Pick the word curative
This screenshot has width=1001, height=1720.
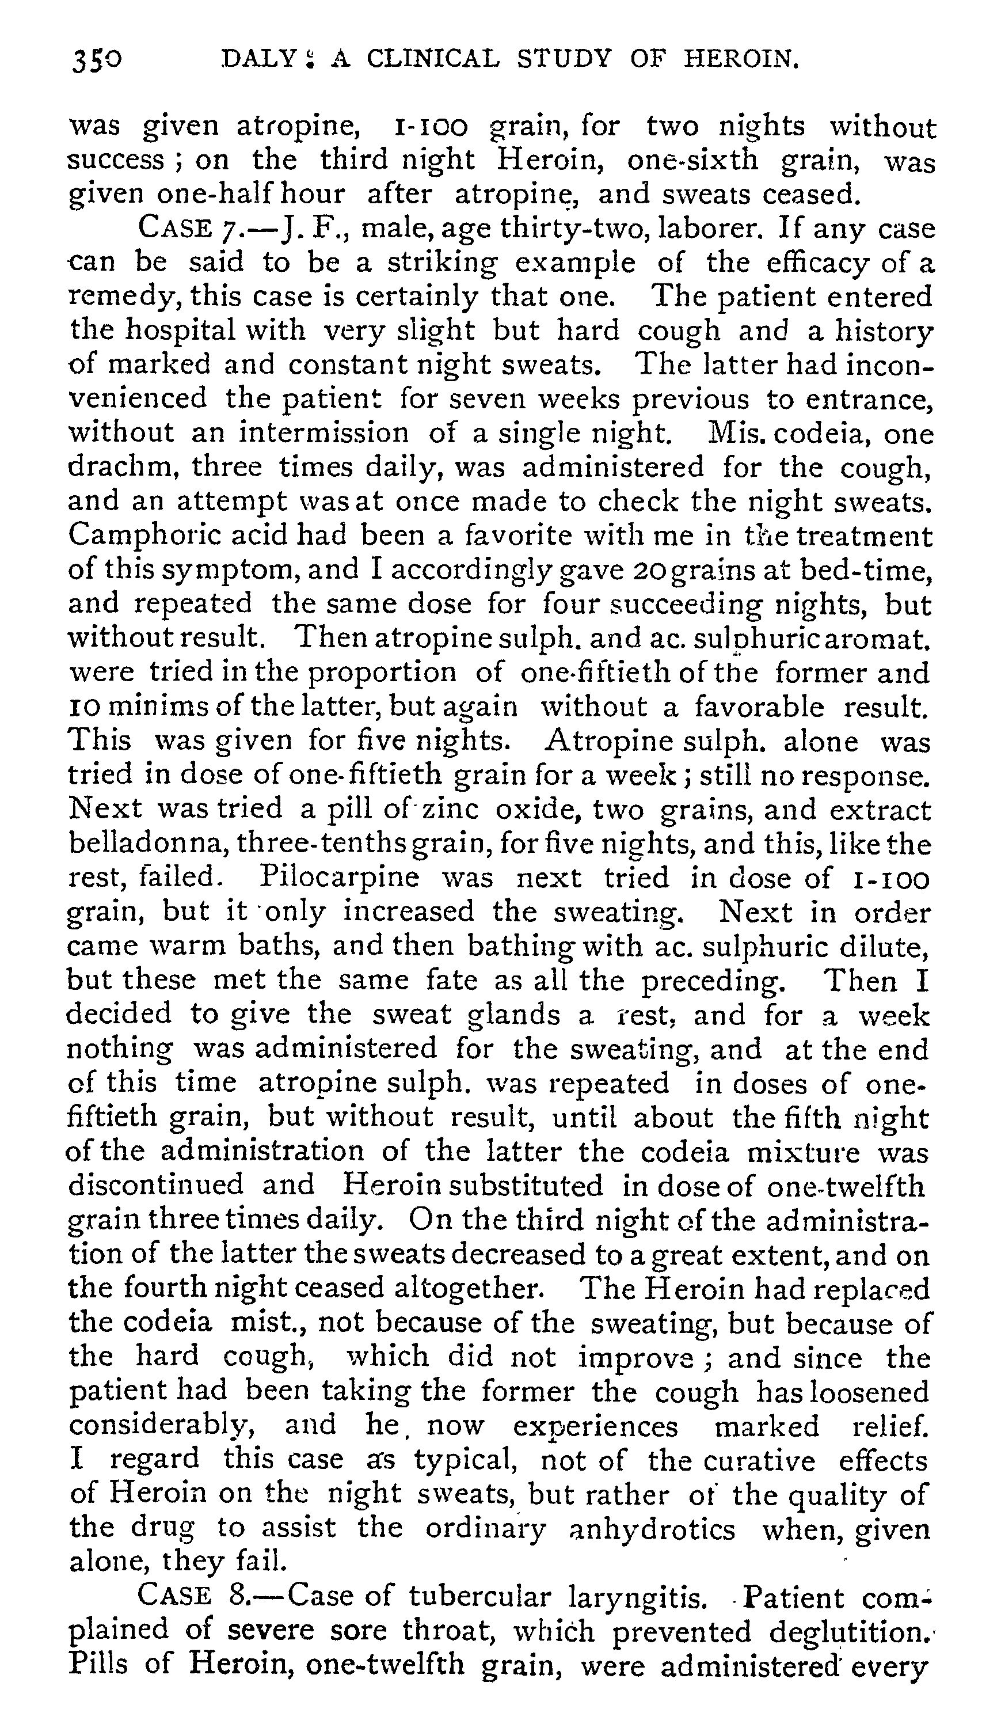click(x=759, y=1461)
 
